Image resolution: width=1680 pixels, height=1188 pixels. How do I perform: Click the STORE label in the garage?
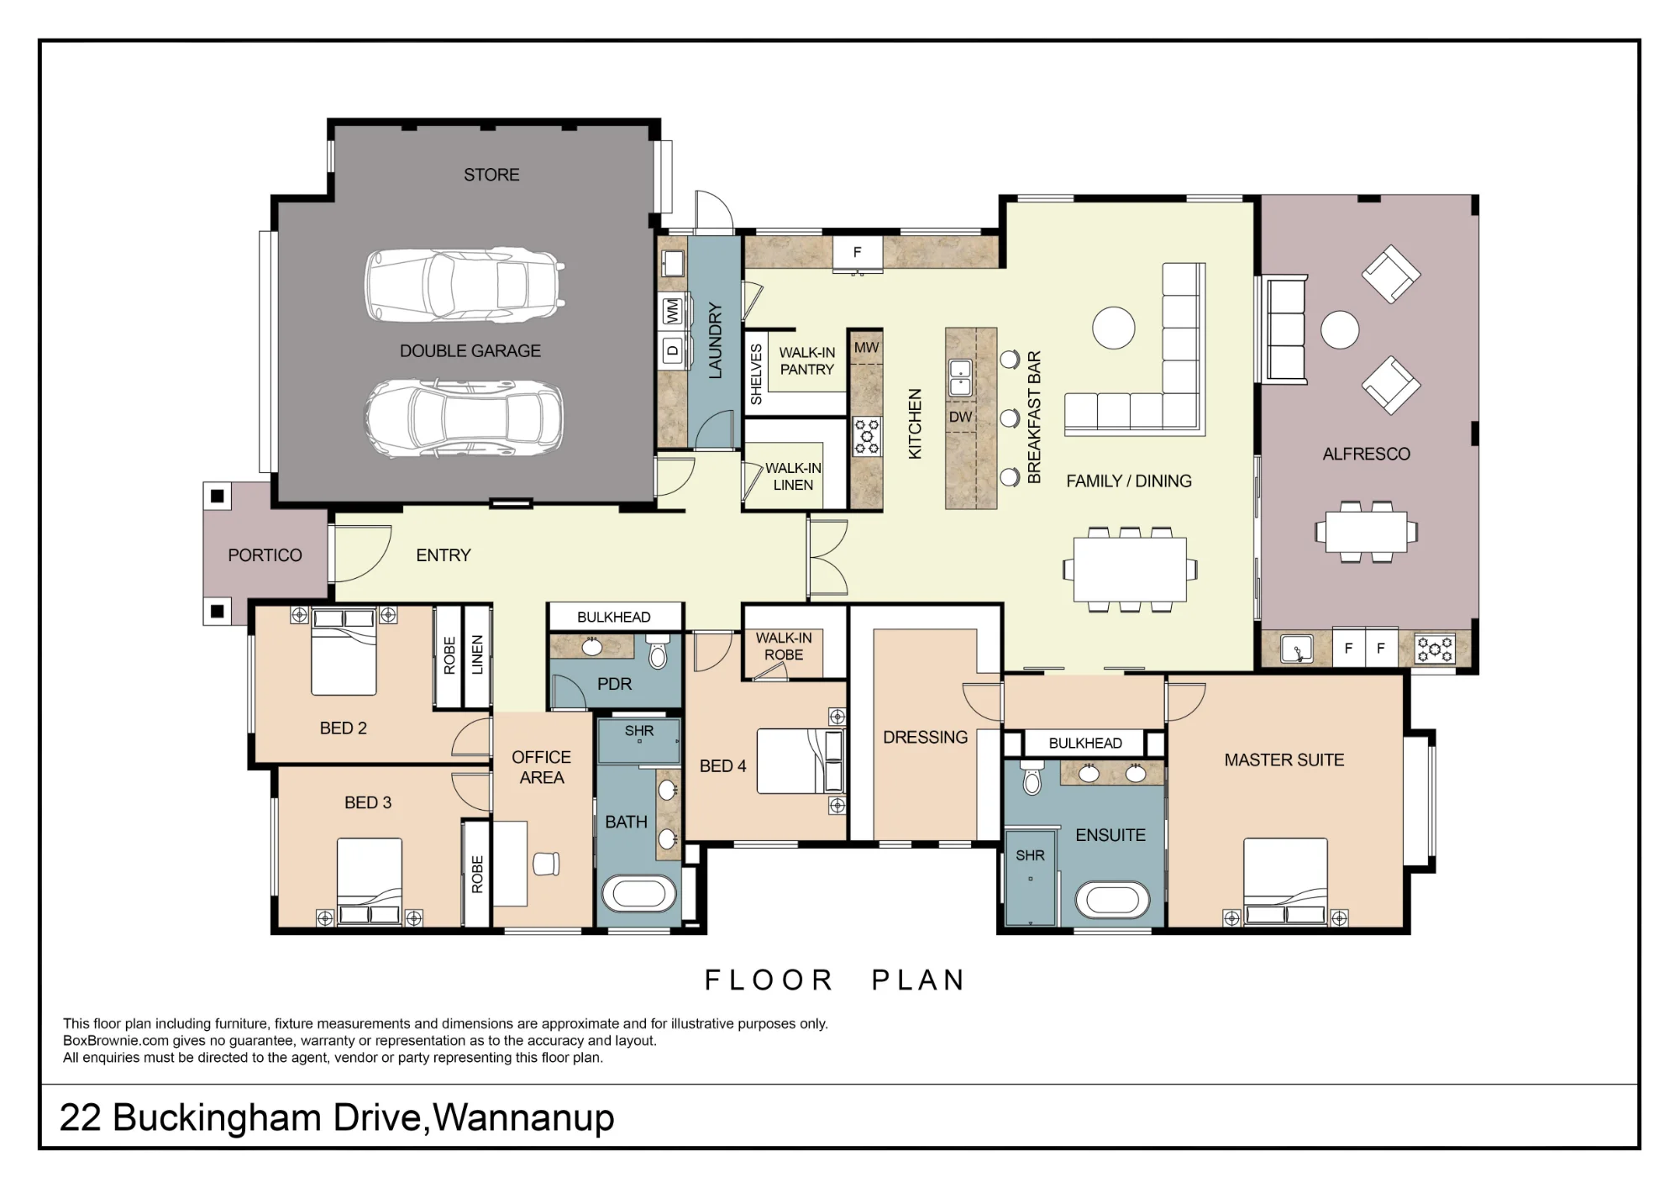(x=491, y=175)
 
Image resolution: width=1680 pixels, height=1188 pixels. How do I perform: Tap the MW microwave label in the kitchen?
(x=866, y=347)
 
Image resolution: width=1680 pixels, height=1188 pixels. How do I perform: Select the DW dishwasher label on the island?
(x=960, y=417)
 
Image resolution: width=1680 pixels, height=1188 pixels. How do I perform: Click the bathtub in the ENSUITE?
(x=1112, y=901)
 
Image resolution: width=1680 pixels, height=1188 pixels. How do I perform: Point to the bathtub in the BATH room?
(x=639, y=894)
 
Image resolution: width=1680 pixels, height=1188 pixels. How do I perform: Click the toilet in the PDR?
(x=658, y=652)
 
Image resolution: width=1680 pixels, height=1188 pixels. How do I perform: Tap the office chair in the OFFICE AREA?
(x=545, y=864)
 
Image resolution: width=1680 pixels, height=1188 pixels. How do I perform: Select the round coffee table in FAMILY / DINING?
(x=1114, y=328)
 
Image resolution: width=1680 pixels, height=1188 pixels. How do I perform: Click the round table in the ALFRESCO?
(x=1340, y=330)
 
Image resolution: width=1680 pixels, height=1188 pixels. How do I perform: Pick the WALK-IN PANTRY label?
(x=807, y=361)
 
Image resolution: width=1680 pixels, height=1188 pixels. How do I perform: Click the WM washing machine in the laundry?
(x=672, y=311)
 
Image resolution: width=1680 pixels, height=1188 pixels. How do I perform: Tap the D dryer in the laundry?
(x=672, y=351)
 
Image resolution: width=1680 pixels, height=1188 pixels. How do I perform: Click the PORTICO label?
(x=265, y=555)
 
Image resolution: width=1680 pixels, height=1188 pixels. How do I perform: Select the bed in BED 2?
(x=344, y=652)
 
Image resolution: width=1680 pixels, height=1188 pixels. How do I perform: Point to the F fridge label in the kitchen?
(x=857, y=252)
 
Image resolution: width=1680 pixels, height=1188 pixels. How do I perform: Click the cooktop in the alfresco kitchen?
(x=1435, y=649)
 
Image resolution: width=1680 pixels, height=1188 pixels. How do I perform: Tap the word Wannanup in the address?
(x=524, y=1117)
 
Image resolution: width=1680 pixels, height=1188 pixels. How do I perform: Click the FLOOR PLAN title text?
(x=835, y=980)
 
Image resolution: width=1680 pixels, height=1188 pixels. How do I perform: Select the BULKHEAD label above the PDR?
(x=614, y=617)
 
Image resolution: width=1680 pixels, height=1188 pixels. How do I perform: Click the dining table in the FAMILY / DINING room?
(x=1130, y=570)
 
